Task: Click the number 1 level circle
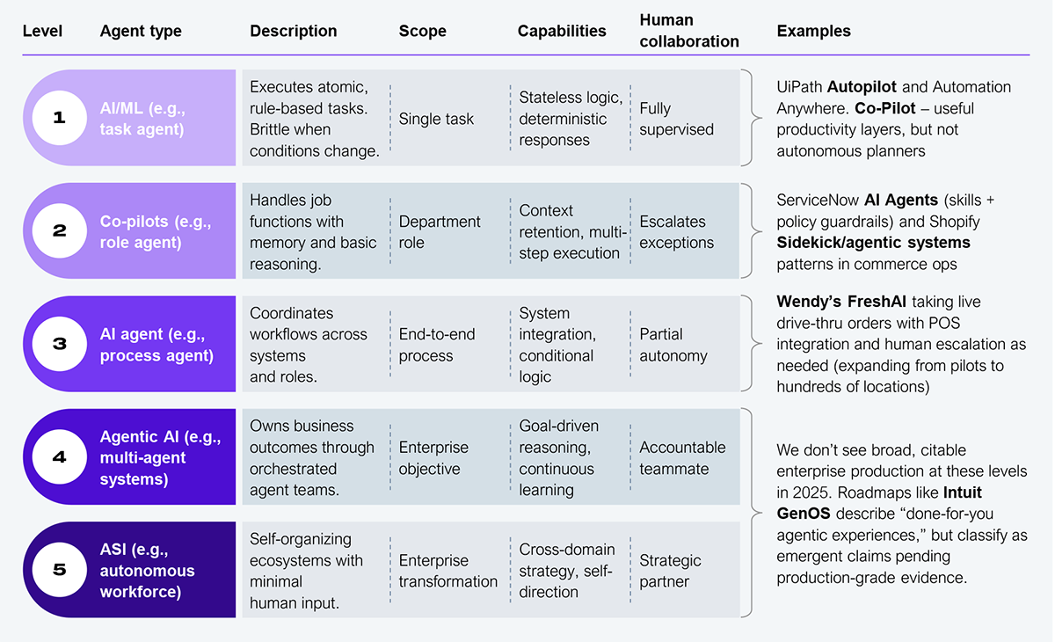point(60,118)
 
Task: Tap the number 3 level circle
point(60,344)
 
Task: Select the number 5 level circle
point(60,570)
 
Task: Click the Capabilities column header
point(562,31)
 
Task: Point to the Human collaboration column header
point(689,31)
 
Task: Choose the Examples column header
point(813,31)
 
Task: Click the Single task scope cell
point(436,120)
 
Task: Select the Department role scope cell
point(440,232)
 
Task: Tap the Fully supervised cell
point(676,119)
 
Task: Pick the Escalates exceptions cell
point(676,232)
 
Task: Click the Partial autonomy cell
point(673,345)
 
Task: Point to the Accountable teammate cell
point(682,458)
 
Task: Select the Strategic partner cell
point(670,571)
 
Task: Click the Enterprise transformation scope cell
point(447,571)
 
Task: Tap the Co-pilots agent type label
point(156,232)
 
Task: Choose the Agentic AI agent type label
point(161,458)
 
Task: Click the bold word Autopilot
point(862,87)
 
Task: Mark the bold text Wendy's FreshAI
point(841,302)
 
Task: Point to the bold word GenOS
point(803,514)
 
